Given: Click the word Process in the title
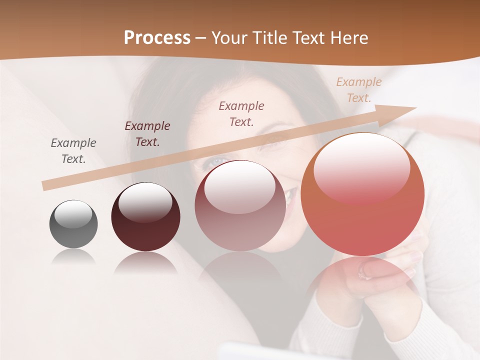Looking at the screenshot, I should click(x=157, y=38).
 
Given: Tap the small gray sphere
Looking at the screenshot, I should click(x=73, y=224).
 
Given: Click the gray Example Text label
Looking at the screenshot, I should click(x=73, y=151).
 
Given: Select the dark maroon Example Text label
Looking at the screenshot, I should click(x=147, y=134).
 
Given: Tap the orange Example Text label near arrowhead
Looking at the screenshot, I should click(x=358, y=90).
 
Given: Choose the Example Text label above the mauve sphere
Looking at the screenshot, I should click(x=241, y=113).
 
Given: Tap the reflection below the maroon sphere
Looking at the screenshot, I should click(x=145, y=262).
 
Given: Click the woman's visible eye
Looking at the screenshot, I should click(x=216, y=162).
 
